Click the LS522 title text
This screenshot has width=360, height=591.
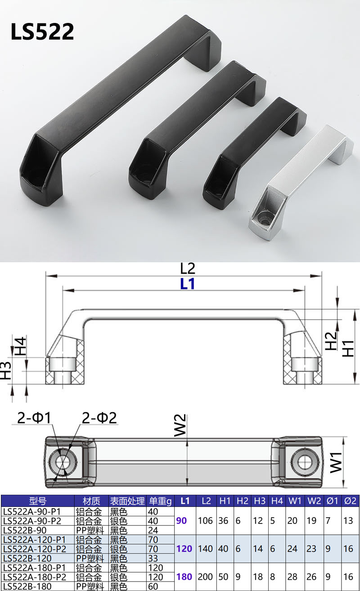tap(42, 31)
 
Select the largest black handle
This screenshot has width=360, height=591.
tap(116, 111)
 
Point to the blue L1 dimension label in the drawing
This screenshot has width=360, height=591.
tap(187, 284)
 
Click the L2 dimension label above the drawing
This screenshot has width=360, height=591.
tap(187, 269)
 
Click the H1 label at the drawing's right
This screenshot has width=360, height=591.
tap(348, 348)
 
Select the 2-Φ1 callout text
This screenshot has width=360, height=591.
tap(34, 418)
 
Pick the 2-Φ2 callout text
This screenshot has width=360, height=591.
tap(99, 418)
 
